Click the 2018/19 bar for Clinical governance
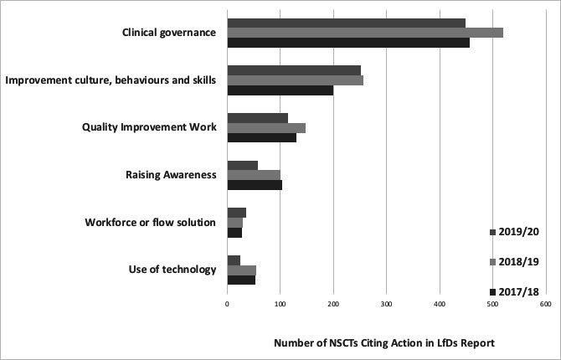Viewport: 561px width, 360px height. tap(364, 33)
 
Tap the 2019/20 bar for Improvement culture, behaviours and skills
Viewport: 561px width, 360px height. tap(294, 70)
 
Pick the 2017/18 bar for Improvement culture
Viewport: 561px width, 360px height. tap(280, 90)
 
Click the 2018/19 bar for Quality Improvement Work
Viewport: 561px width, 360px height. tap(266, 127)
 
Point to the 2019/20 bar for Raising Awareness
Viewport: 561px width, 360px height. tap(243, 165)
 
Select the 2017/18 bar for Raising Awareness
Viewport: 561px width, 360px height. tap(255, 184)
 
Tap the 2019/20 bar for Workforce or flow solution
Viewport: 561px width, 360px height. tap(236, 213)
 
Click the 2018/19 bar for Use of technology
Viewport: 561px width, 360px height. tap(241, 270)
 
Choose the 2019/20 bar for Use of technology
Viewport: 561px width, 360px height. tap(234, 260)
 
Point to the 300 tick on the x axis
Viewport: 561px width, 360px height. tap(386, 306)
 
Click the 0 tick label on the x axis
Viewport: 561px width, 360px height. tap(228, 306)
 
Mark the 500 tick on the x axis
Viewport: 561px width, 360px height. tap(492, 306)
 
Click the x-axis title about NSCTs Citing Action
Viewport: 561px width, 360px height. tap(384, 342)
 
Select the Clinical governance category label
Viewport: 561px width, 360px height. tap(169, 33)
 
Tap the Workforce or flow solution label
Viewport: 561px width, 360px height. tap(151, 222)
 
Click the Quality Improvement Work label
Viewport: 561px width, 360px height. tap(149, 127)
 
